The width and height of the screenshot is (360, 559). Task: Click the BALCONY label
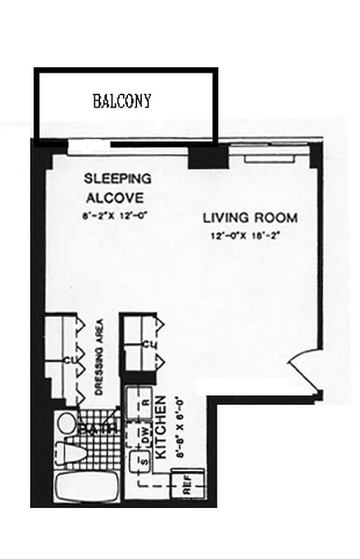pyautogui.click(x=122, y=101)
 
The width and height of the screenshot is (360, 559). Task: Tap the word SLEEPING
pyautogui.click(x=117, y=178)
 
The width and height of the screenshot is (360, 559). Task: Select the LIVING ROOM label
pyautogui.click(x=250, y=218)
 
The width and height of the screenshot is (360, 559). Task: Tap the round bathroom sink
pyautogui.click(x=67, y=423)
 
